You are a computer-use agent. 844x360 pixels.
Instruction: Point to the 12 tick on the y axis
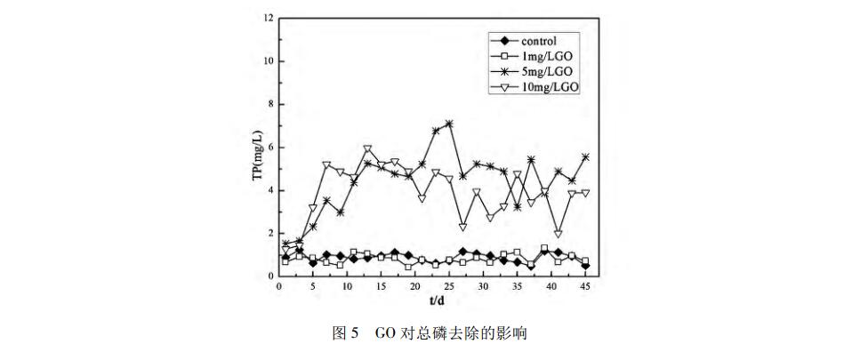[269, 18]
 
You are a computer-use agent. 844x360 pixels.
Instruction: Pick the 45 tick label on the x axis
[585, 288]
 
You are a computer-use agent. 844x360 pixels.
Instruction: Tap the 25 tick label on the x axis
[449, 288]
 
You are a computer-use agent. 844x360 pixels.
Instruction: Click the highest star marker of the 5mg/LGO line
[449, 124]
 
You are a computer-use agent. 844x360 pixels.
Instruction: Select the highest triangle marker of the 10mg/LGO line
[367, 148]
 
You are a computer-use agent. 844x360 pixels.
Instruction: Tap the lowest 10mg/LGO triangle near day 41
[558, 234]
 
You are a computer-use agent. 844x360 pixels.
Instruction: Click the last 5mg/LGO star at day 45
[585, 156]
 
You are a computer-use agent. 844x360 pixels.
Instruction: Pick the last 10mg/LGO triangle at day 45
[585, 193]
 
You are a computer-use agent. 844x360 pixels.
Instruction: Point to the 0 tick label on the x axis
[279, 288]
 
